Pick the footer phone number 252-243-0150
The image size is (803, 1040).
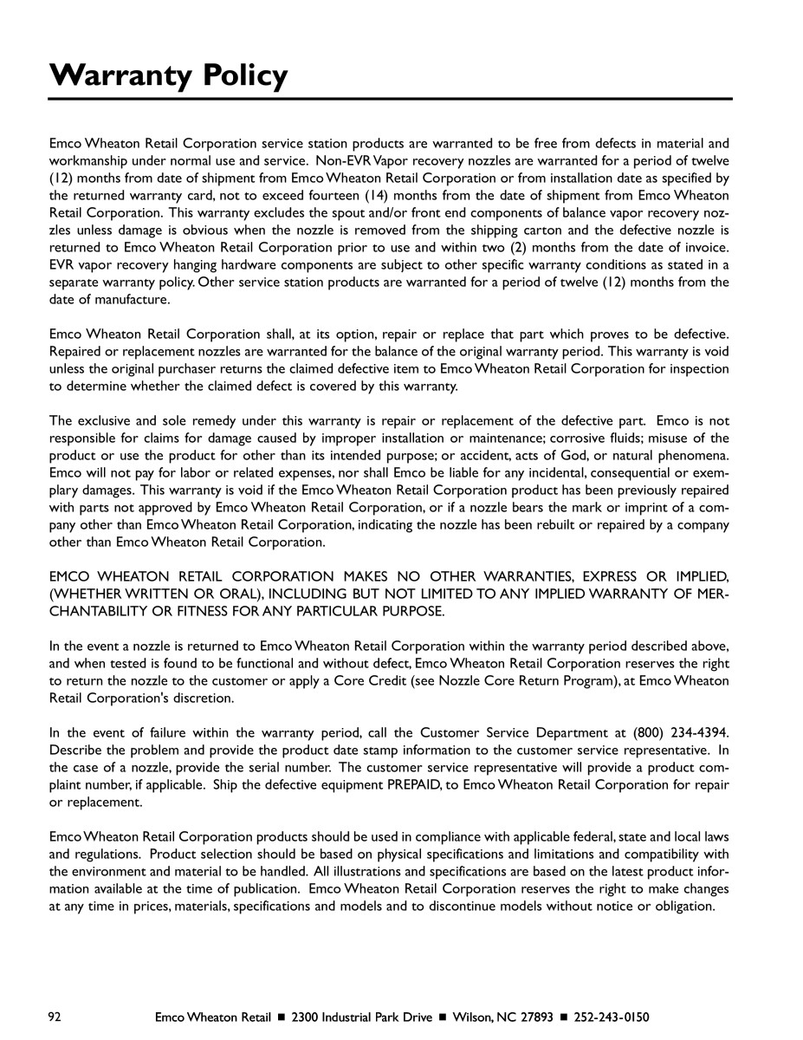click(x=612, y=1017)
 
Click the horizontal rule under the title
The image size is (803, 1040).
click(x=391, y=99)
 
